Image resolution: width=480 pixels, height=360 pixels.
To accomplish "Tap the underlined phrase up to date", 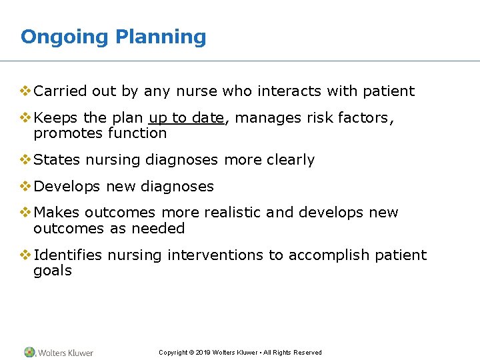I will (x=186, y=118).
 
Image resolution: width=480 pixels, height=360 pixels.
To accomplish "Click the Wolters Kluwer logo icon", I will (x=30, y=352).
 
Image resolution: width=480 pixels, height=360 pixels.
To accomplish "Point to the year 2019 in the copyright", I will (x=203, y=353).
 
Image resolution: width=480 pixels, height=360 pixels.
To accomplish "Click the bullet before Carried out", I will (x=25, y=91).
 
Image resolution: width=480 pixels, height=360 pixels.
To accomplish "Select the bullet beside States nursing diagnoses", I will (x=25, y=160).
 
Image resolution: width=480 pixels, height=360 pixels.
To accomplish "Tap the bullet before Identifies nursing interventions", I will (x=25, y=255).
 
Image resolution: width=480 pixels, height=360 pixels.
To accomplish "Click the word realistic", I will (x=229, y=213).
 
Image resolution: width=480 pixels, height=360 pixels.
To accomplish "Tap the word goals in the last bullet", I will (x=52, y=271).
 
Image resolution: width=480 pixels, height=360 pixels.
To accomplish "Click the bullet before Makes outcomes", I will (x=25, y=213).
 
